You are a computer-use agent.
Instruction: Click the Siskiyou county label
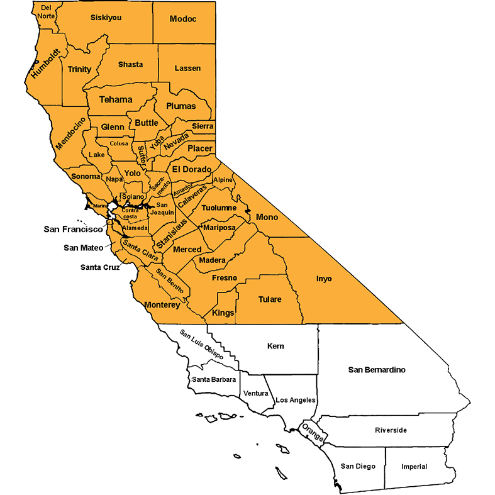coord(106,18)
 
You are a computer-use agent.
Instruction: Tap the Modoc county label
coord(183,19)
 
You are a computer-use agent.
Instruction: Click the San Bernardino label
coord(377,369)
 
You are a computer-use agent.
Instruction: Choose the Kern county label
coord(275,346)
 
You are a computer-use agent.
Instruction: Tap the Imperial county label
coord(414,467)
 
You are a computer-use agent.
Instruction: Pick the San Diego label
coord(358,466)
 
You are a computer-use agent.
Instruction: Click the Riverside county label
coord(391,430)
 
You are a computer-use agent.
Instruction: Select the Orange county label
coord(313,432)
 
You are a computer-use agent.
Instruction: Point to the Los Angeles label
coord(296,400)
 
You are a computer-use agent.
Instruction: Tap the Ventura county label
coord(255,393)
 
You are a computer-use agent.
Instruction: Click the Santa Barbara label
coord(214,379)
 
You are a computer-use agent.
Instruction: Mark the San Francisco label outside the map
coord(73,229)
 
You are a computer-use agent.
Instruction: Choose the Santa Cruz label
coord(100,267)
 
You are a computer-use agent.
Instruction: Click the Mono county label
coord(267,217)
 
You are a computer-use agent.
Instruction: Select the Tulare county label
coord(270,299)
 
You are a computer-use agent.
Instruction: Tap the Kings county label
coord(223,313)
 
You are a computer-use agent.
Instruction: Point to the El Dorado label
coord(192,169)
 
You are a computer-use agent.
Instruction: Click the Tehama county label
coord(116,99)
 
